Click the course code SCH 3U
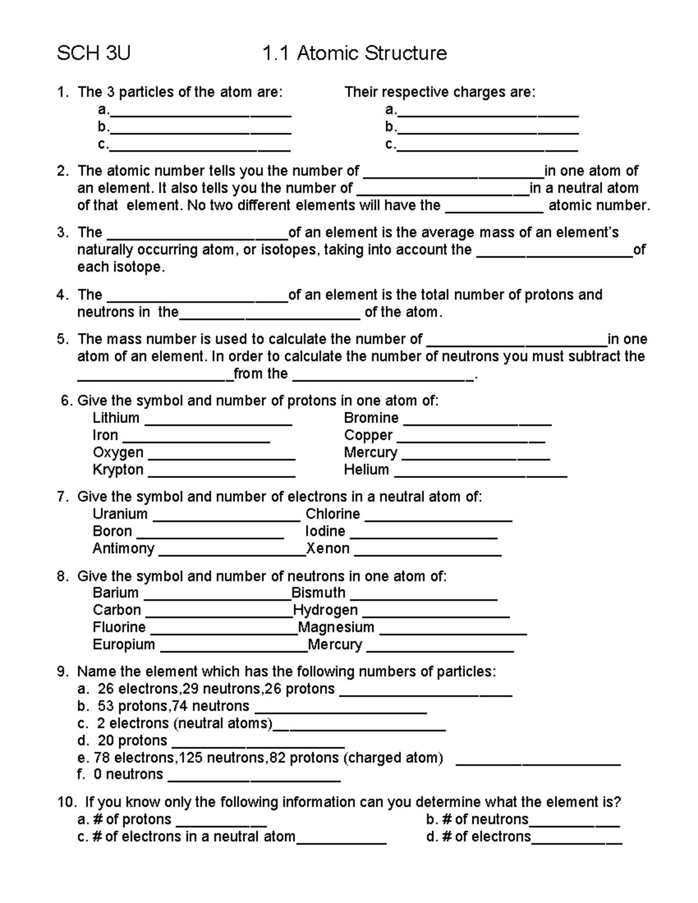[x=93, y=53]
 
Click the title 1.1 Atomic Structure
[x=354, y=53]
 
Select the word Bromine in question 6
[x=371, y=418]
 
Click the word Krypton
[x=118, y=470]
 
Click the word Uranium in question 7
[x=120, y=514]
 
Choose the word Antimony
[x=123, y=549]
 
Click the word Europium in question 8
[x=124, y=645]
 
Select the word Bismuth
[x=318, y=593]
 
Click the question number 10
[x=67, y=802]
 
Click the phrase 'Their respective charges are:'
[x=440, y=92]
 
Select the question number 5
[x=62, y=340]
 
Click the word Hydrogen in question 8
[x=325, y=610]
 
